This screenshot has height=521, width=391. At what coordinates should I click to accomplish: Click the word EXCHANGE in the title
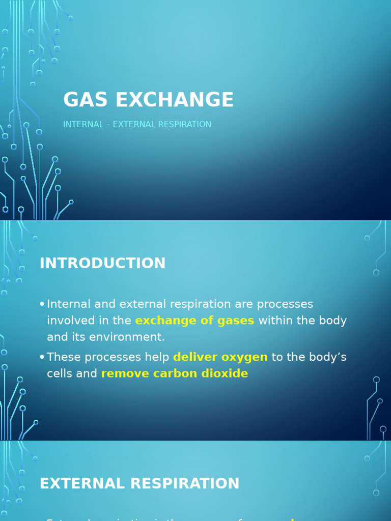(x=175, y=100)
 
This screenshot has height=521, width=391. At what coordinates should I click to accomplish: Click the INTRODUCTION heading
(x=103, y=264)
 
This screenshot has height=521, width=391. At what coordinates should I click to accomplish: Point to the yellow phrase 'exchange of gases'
(x=194, y=321)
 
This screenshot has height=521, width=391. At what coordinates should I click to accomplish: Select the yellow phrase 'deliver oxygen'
(x=220, y=357)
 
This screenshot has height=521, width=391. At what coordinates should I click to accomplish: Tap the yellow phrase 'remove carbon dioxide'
(x=175, y=373)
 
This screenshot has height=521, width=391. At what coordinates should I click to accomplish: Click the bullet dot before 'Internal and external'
(x=42, y=304)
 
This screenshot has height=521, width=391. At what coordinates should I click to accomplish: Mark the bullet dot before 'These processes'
(x=42, y=357)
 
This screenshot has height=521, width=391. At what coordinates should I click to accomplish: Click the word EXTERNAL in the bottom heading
(x=79, y=484)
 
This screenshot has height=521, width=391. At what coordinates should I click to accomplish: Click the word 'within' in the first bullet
(x=275, y=321)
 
